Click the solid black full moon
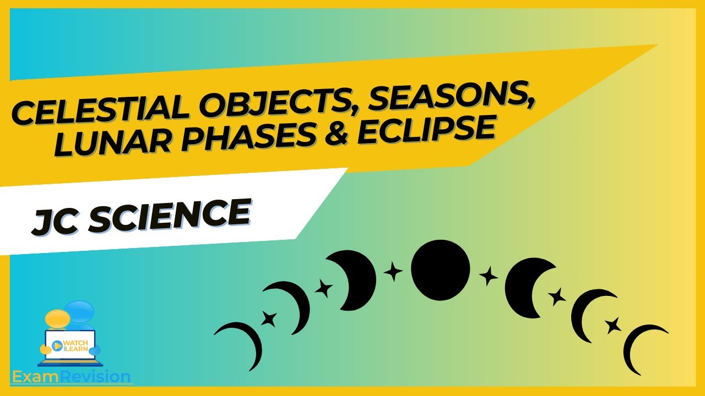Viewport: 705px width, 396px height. pyautogui.click(x=440, y=269)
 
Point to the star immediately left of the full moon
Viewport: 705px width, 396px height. pyautogui.click(x=393, y=272)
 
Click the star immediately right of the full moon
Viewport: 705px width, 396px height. pyautogui.click(x=488, y=276)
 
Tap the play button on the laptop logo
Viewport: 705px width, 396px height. pyautogui.click(x=56, y=345)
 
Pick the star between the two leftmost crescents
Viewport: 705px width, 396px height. pyautogui.click(x=269, y=318)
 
